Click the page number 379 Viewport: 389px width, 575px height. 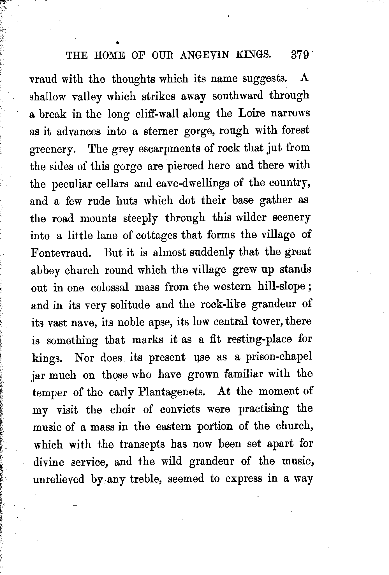click(300, 54)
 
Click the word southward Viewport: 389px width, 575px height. click(238, 96)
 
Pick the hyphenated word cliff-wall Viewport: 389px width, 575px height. click(157, 114)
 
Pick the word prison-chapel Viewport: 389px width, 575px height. click(279, 357)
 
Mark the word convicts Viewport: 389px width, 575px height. click(180, 409)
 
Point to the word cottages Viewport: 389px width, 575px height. click(156, 235)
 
